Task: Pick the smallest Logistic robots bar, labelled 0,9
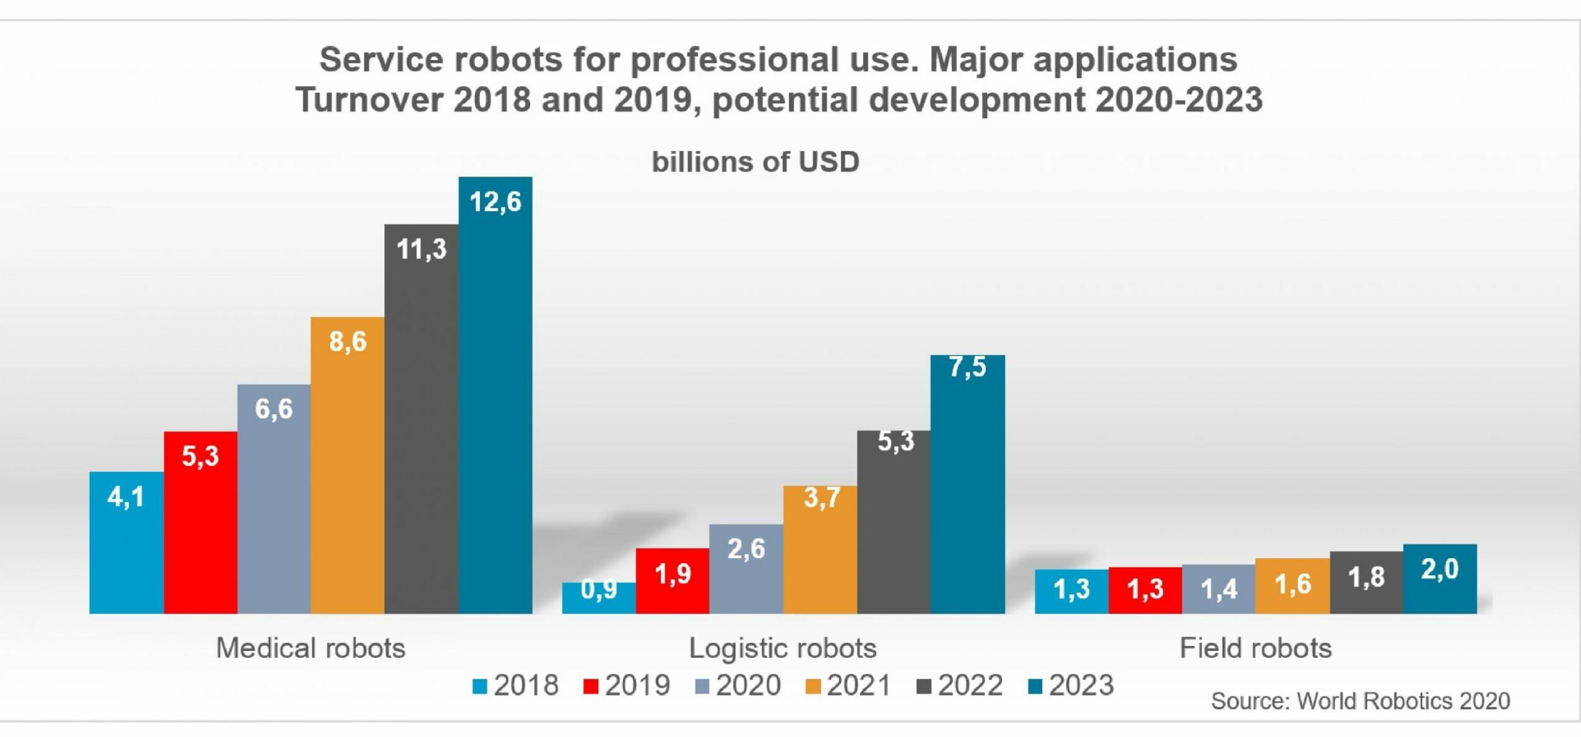(598, 598)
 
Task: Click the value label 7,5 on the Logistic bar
(967, 368)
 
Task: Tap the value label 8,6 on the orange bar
(348, 342)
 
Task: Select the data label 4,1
(126, 497)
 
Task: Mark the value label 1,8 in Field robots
(1366, 578)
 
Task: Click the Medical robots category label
(311, 648)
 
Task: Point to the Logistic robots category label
(782, 648)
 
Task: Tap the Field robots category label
(1255, 648)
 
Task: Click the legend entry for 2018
(516, 686)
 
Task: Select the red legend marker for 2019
(591, 686)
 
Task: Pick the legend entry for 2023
(1071, 686)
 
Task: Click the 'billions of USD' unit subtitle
(755, 162)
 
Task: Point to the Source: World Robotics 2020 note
(1360, 701)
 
